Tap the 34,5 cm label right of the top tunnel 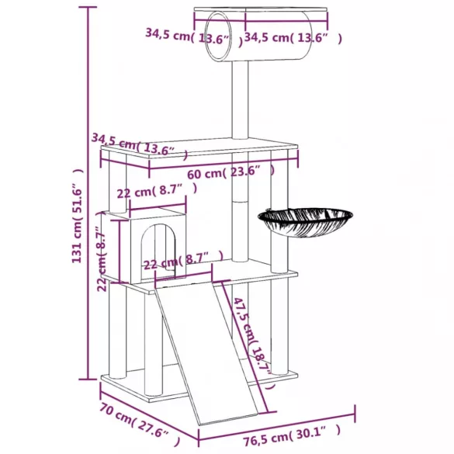pos(292,36)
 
